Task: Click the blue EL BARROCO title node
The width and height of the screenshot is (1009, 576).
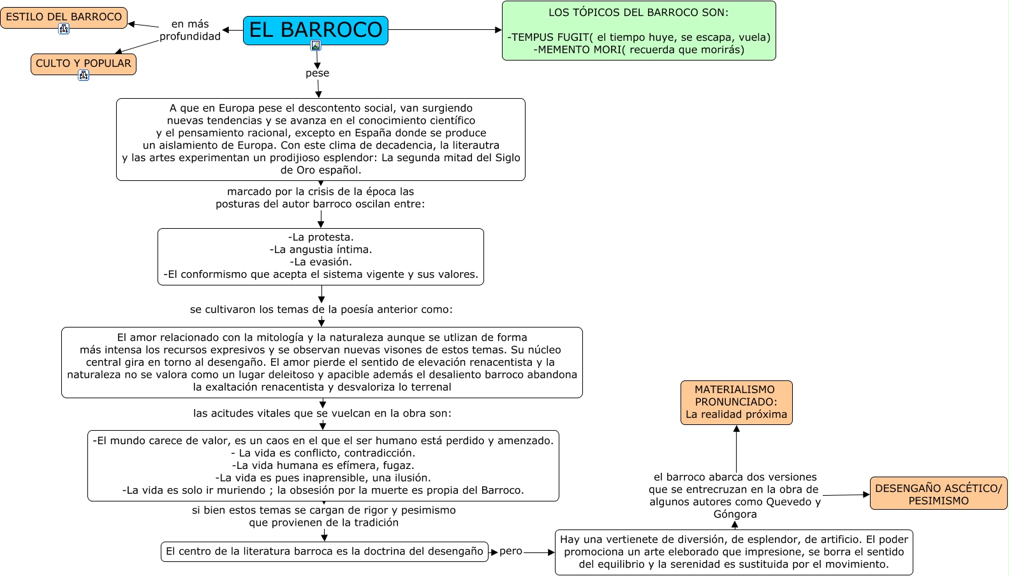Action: [x=315, y=29]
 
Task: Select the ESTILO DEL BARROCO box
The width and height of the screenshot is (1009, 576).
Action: [x=64, y=17]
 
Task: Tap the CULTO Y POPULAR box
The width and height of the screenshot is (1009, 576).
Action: [x=84, y=63]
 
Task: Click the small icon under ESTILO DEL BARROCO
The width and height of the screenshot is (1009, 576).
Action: [x=64, y=29]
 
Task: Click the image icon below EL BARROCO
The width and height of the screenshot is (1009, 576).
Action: [x=316, y=45]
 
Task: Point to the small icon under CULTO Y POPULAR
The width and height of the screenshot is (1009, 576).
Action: [x=84, y=75]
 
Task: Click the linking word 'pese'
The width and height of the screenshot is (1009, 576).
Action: [x=317, y=73]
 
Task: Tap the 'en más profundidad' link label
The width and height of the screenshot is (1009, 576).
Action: [x=190, y=30]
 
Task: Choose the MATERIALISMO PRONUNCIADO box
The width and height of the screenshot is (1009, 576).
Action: [x=736, y=402]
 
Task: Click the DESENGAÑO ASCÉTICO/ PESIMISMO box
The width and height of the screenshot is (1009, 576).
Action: [x=938, y=494]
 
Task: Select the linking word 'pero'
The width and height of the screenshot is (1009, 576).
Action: [x=510, y=551]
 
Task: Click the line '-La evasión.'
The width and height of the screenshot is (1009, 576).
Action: [x=320, y=262]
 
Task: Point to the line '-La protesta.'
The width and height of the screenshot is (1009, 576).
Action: [x=320, y=237]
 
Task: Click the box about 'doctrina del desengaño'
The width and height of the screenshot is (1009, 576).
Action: [x=324, y=552]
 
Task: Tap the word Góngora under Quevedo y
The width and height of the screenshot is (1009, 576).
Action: [x=735, y=514]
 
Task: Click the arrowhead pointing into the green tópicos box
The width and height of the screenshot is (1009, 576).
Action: [x=499, y=30]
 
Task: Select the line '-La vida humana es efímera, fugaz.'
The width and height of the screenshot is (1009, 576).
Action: [x=323, y=465]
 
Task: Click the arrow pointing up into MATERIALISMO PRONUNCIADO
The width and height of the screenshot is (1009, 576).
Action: [x=737, y=429]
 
